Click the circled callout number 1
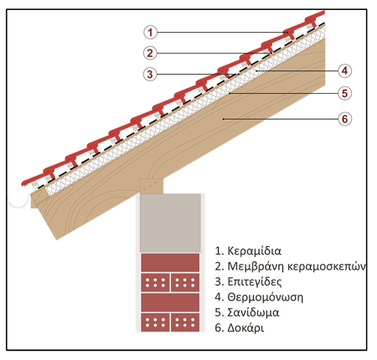click(150, 32)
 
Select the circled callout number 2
click(150, 53)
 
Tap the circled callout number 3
click(150, 75)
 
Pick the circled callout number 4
click(345, 70)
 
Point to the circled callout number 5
click(345, 93)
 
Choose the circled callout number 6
click(345, 119)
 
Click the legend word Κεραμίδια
click(254, 251)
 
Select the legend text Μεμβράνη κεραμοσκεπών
click(297, 266)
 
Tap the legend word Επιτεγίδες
click(255, 281)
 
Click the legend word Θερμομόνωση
click(266, 297)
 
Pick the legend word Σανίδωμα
click(253, 312)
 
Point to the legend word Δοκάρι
click(245, 327)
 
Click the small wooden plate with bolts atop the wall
click(152, 186)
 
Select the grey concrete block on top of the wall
click(170, 223)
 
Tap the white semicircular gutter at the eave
click(19, 202)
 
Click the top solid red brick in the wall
click(170, 262)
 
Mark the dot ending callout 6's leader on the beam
click(224, 119)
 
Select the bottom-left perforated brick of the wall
click(155, 322)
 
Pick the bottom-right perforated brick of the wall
click(185, 322)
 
